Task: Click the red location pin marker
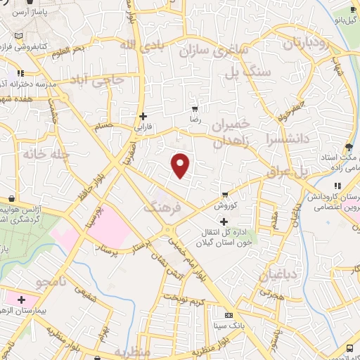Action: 181,165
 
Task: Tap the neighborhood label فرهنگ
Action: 162,206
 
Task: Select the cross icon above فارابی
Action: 143,116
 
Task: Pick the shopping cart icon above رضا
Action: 195,109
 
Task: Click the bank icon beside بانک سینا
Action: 229,315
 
